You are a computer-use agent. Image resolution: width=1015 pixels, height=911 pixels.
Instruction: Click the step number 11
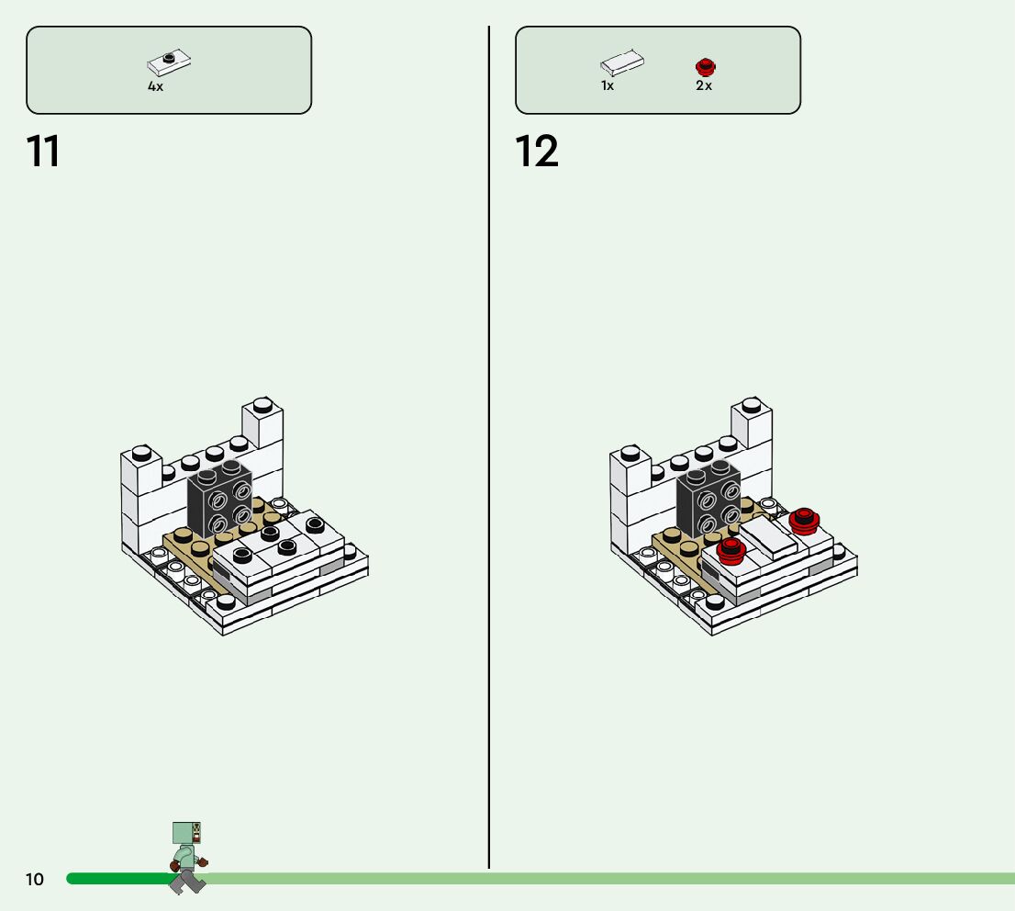tap(43, 152)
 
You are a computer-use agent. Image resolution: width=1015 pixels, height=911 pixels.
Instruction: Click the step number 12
tap(537, 152)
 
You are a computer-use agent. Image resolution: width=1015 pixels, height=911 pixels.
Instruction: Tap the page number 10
tap(34, 880)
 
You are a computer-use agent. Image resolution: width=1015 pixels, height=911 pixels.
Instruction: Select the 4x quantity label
tap(155, 86)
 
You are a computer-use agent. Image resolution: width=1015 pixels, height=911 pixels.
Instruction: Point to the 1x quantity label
tap(608, 85)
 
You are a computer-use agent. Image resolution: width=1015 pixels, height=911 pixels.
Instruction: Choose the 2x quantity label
tap(704, 85)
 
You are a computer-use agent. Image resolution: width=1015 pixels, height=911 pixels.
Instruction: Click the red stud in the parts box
tap(705, 66)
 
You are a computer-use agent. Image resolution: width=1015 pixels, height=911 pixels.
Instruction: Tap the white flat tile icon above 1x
tap(622, 63)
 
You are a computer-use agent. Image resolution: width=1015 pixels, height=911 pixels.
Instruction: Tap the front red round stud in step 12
tap(731, 551)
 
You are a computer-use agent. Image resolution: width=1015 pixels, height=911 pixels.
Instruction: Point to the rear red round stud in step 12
tap(804, 521)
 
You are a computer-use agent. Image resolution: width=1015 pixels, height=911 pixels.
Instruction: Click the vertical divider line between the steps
tap(489, 459)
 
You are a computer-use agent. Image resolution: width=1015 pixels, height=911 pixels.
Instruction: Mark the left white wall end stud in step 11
tap(141, 453)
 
